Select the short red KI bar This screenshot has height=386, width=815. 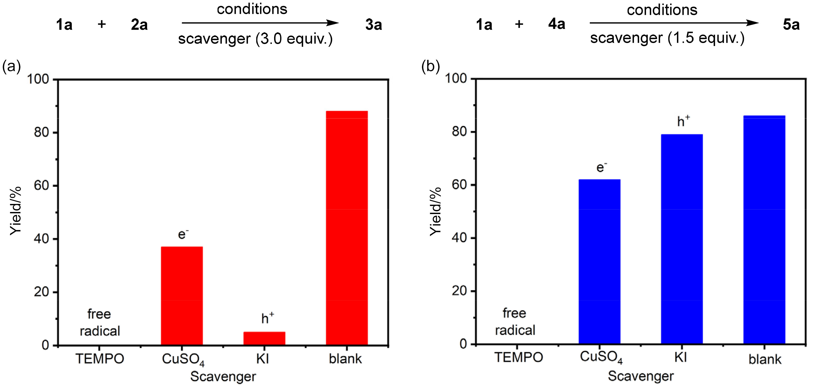pos(264,338)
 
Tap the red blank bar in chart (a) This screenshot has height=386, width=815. pos(347,228)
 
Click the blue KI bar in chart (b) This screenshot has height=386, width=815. pos(682,239)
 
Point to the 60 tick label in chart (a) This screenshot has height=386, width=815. pos(41,186)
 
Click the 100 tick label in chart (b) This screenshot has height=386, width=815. pos(456,78)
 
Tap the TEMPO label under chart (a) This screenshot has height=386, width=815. pos(100,359)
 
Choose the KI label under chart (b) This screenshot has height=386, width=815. pos(680,358)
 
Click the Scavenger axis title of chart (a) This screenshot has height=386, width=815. pos(223,376)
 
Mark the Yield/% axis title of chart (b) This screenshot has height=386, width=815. pos(435,211)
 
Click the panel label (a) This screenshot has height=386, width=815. pos(11,67)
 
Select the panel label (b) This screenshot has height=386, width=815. pos(431,67)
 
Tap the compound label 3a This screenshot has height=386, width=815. pos(374,25)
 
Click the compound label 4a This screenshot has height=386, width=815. pos(556,24)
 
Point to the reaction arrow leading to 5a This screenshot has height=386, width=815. pos(674,23)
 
